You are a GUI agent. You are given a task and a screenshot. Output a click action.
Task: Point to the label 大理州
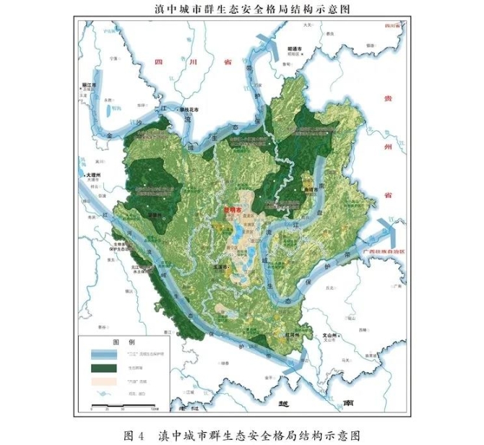pos(96,175)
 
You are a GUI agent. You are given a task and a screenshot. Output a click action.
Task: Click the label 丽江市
pos(90,85)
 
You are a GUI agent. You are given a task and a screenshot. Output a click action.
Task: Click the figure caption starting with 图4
pos(241,435)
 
